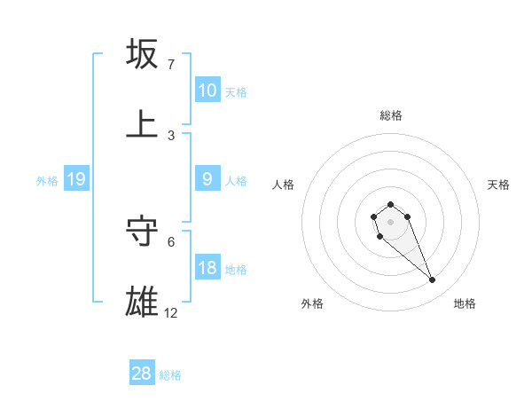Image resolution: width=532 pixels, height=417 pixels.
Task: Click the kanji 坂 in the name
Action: pyautogui.click(x=142, y=53)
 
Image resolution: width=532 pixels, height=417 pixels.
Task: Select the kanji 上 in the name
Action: pyautogui.click(x=142, y=124)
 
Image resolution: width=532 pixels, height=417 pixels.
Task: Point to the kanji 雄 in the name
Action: pyautogui.click(x=142, y=302)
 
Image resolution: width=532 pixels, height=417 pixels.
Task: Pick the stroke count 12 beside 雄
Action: pyautogui.click(x=171, y=312)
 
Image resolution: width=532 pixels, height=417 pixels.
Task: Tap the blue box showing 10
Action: pyautogui.click(x=207, y=90)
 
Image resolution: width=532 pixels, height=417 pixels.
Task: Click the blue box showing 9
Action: pyautogui.click(x=207, y=179)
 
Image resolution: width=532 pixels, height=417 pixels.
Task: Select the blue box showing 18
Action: pyautogui.click(x=207, y=268)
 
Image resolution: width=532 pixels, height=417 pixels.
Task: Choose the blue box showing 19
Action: pyautogui.click(x=75, y=179)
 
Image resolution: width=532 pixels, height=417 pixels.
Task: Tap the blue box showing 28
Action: pyautogui.click(x=142, y=374)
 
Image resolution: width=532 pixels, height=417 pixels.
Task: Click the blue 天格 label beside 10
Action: pyautogui.click(x=236, y=91)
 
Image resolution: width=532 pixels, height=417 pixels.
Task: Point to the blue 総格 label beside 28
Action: pyautogui.click(x=170, y=375)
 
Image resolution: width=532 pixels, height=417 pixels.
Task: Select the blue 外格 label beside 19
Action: pyautogui.click(x=47, y=181)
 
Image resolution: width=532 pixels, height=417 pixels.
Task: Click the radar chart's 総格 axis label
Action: pyautogui.click(x=391, y=115)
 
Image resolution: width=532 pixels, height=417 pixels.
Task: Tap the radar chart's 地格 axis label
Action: pyautogui.click(x=465, y=303)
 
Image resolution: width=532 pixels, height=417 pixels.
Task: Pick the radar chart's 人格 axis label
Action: pyautogui.click(x=284, y=185)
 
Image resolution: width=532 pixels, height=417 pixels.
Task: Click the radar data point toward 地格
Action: pyautogui.click(x=433, y=280)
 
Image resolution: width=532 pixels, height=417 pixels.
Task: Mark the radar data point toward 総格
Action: pyautogui.click(x=390, y=205)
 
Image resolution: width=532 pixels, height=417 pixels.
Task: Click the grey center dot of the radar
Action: pyautogui.click(x=390, y=222)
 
